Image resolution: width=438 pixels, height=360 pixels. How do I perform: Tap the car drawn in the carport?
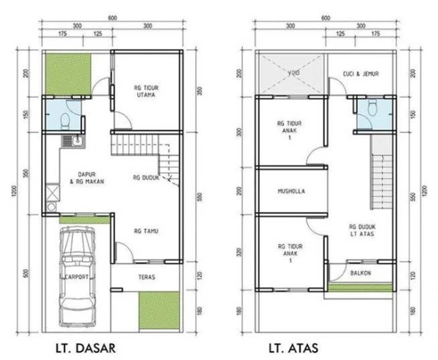(x=77, y=270)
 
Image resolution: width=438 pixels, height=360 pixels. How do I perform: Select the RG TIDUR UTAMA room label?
(x=147, y=90)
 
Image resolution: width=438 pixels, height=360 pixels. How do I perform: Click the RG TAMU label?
(x=147, y=232)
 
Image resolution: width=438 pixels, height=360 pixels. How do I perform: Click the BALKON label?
(x=361, y=273)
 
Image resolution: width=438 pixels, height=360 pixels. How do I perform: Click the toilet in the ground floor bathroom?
(x=66, y=116)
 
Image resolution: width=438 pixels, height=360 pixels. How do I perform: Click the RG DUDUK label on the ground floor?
(x=147, y=177)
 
